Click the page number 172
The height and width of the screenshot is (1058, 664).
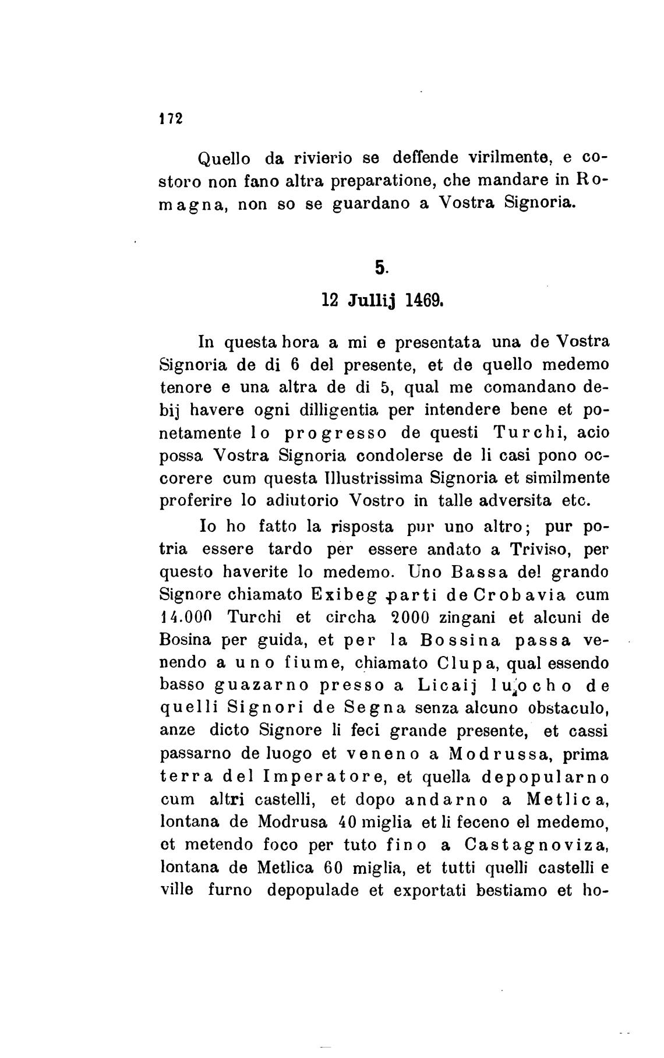pyautogui.click(x=171, y=118)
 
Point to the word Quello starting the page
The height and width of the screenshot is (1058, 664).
pyautogui.click(x=225, y=158)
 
